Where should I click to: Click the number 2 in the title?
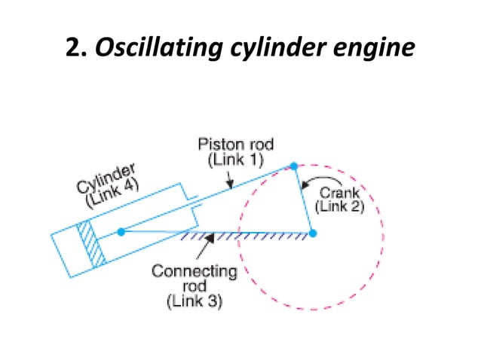tap(75, 47)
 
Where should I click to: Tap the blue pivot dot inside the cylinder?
tap(121, 231)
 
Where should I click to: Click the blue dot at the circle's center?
tap(313, 233)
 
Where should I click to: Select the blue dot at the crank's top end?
tap(293, 165)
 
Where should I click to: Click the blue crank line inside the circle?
tap(303, 200)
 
